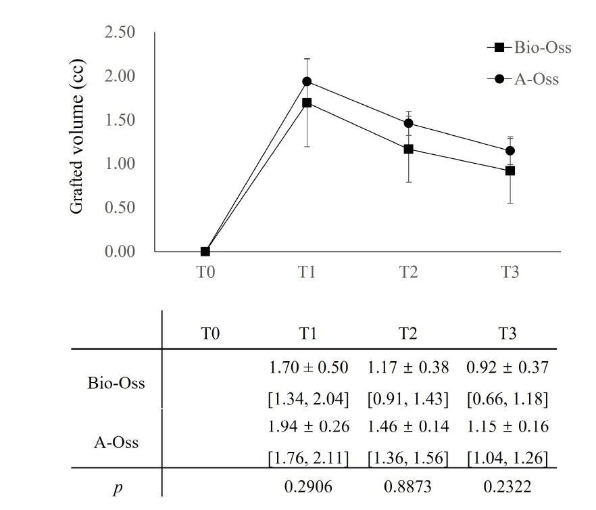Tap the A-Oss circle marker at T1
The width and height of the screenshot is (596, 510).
tap(307, 81)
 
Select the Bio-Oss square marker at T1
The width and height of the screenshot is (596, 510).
tap(307, 103)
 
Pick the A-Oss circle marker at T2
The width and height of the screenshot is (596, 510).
tap(408, 123)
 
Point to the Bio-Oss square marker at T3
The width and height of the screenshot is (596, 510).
tap(510, 170)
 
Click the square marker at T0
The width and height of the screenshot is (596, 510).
tap(205, 251)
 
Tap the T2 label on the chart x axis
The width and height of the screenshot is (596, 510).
tap(408, 272)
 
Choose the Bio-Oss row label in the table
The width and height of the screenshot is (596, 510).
tap(116, 383)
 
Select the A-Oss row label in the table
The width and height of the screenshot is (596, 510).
tap(117, 442)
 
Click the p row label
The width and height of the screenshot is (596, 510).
tap(117, 487)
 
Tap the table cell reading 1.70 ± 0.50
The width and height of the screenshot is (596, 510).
tap(309, 368)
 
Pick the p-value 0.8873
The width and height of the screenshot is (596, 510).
tap(408, 486)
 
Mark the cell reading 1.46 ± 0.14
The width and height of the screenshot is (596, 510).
tap(408, 427)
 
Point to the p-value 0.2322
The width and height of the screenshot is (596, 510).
tap(507, 486)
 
